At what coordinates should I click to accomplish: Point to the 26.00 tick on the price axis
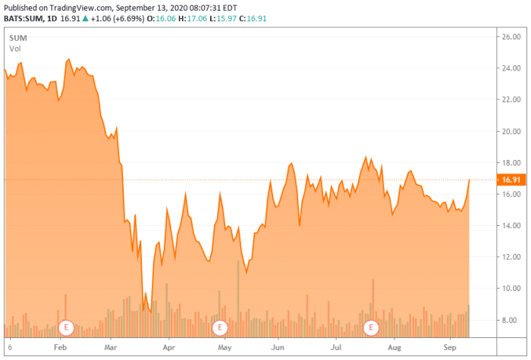click(x=506, y=36)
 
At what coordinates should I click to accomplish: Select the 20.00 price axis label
click(x=506, y=131)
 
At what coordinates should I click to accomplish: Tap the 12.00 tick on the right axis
click(x=506, y=257)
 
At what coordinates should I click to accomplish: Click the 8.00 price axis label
click(x=506, y=321)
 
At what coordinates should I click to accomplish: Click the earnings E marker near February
click(x=66, y=327)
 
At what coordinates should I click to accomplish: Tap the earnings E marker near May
click(x=220, y=327)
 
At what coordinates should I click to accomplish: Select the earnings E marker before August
click(x=372, y=327)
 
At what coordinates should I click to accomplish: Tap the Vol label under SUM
click(x=15, y=49)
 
